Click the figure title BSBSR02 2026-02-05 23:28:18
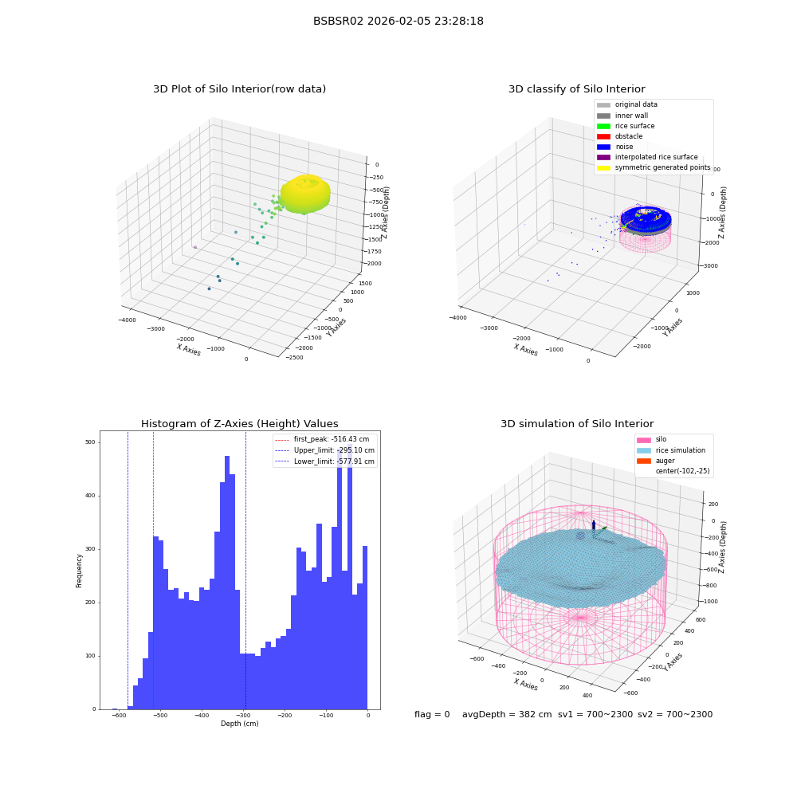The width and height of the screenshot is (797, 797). (x=398, y=21)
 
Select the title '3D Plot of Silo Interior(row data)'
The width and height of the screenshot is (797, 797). (x=239, y=89)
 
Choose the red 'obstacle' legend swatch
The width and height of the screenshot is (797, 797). (x=603, y=137)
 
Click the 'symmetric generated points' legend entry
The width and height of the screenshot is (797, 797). (x=654, y=167)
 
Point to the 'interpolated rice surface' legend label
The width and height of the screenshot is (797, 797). (x=656, y=157)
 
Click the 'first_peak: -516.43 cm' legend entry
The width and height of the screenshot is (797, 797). (x=322, y=439)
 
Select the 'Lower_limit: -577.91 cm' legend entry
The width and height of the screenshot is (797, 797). (x=325, y=461)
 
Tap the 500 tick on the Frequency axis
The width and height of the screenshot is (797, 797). (x=91, y=442)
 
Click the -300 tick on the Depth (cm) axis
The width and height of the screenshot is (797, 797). (x=243, y=715)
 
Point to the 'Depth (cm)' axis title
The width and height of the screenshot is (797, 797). (x=240, y=724)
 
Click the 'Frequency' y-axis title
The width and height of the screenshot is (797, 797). (x=79, y=571)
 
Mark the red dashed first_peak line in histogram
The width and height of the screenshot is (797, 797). (x=154, y=571)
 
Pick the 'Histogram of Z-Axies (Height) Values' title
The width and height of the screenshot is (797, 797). (x=239, y=424)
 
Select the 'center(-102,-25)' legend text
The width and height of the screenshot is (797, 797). (x=683, y=471)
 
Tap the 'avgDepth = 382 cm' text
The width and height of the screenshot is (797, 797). (x=507, y=715)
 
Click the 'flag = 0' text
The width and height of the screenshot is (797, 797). (x=432, y=715)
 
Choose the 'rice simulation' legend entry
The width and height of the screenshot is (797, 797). (x=671, y=450)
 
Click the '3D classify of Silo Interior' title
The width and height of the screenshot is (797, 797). (x=577, y=89)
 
